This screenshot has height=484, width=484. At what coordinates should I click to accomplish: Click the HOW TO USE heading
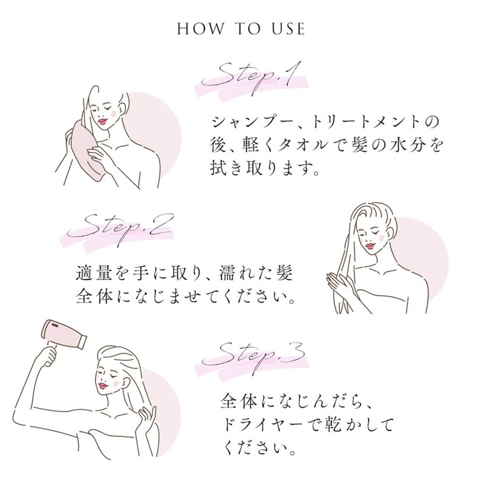(241, 28)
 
